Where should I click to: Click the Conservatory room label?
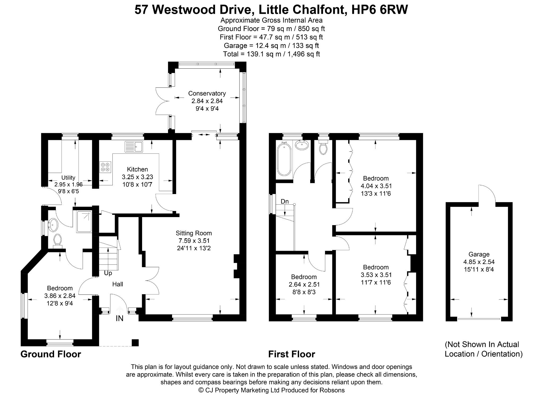click(207, 93)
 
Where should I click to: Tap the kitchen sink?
click(134, 147)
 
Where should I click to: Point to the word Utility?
click(68, 178)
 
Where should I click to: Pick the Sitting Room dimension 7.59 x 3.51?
click(194, 241)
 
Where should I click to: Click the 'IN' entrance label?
click(120, 318)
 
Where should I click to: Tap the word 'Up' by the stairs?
click(108, 273)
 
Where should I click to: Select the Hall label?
click(117, 284)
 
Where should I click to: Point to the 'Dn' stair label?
click(284, 201)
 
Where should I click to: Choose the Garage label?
click(479, 254)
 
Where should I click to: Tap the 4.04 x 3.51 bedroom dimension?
click(376, 186)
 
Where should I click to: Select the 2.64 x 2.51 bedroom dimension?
click(304, 284)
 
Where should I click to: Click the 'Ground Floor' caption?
click(51, 354)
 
